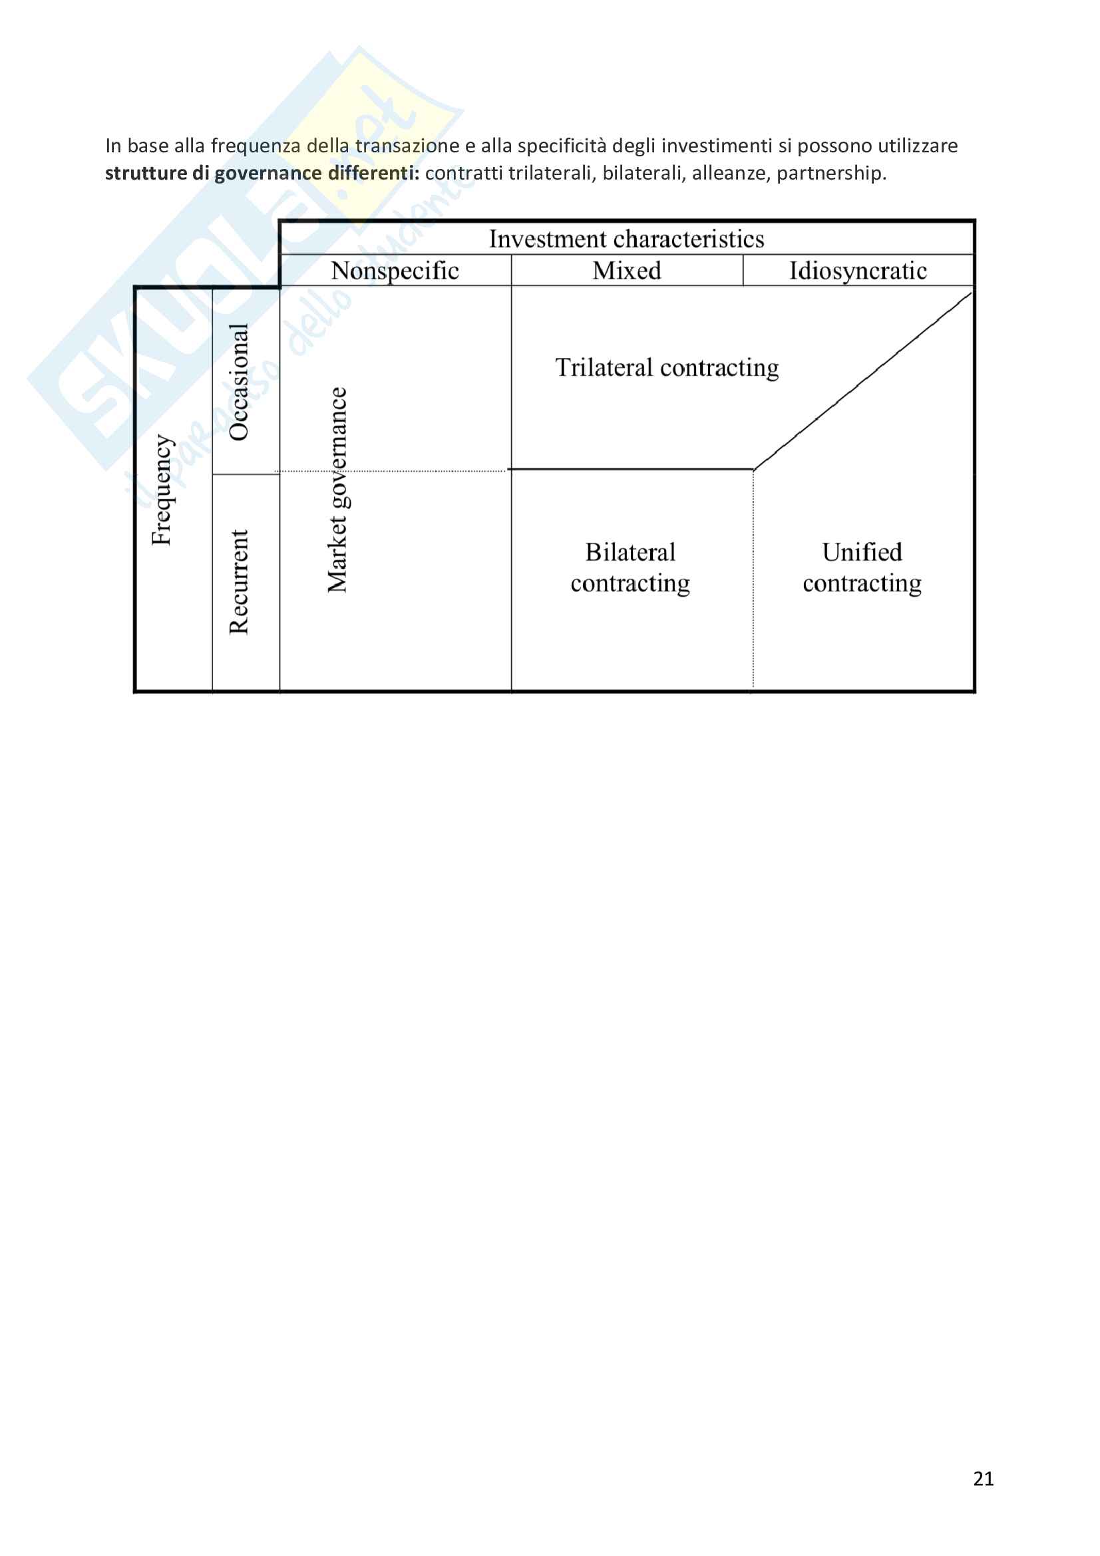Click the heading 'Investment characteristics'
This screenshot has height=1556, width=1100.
tap(626, 239)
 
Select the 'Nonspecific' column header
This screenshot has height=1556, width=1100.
tap(395, 270)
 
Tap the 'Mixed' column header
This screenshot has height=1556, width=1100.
tap(626, 270)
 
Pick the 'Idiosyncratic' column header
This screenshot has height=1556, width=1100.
tap(857, 270)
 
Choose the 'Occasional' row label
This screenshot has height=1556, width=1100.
tap(240, 383)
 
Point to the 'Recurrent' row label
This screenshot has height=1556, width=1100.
tap(240, 581)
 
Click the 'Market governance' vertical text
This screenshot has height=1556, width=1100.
tap(337, 490)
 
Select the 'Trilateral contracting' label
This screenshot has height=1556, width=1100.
tap(667, 367)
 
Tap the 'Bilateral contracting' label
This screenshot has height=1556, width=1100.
tap(630, 567)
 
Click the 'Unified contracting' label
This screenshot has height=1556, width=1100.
tap(862, 567)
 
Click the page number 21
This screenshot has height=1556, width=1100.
tap(983, 1479)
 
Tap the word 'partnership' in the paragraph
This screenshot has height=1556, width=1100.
tap(831, 174)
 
